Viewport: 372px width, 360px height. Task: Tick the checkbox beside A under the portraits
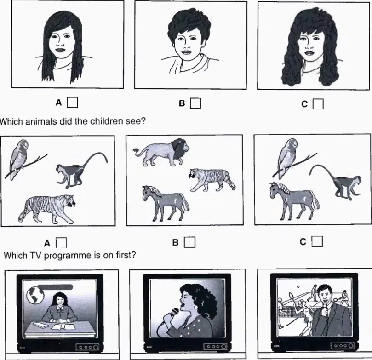coord(72,103)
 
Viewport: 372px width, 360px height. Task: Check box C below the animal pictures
coord(317,241)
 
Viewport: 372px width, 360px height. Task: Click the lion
coord(161,152)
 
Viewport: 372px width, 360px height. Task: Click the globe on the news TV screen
coord(35,295)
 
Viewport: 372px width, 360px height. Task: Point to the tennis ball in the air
coord(298,286)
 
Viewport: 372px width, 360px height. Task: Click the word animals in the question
coord(41,121)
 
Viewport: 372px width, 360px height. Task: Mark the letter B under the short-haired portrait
coord(182,103)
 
